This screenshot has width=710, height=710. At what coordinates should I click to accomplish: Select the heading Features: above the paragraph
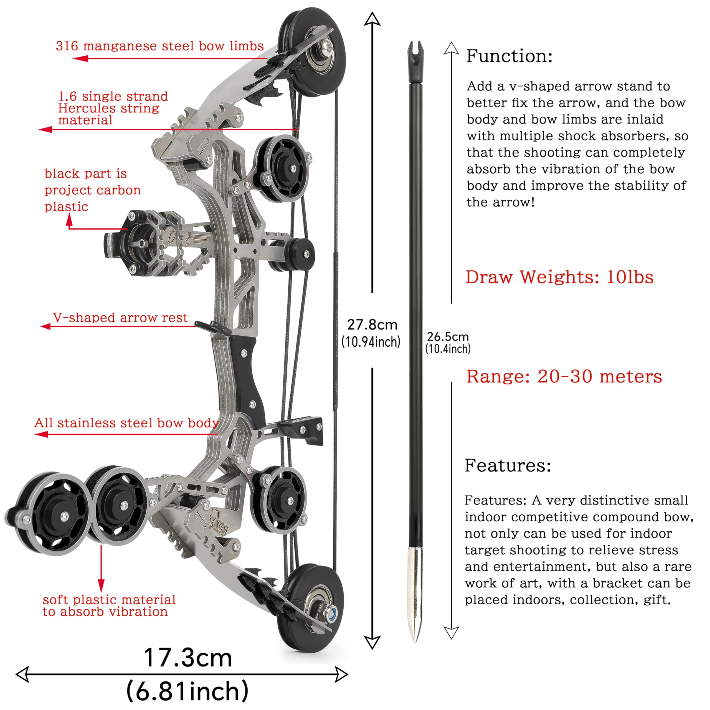click(508, 465)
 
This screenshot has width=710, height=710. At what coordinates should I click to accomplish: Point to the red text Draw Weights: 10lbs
click(560, 277)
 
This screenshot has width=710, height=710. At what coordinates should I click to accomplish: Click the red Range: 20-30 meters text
click(564, 377)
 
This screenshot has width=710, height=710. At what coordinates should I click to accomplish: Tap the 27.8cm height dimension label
click(372, 325)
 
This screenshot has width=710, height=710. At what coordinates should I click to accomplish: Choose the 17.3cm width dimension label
click(188, 658)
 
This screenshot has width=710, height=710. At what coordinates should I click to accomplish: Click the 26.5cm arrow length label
click(448, 337)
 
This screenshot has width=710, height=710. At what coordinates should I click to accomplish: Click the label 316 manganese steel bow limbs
click(160, 46)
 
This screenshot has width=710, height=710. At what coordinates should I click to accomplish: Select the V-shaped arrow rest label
click(120, 318)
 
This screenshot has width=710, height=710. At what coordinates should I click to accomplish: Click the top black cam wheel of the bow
click(312, 52)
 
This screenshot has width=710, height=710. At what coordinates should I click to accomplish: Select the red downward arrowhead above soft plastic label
click(101, 586)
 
